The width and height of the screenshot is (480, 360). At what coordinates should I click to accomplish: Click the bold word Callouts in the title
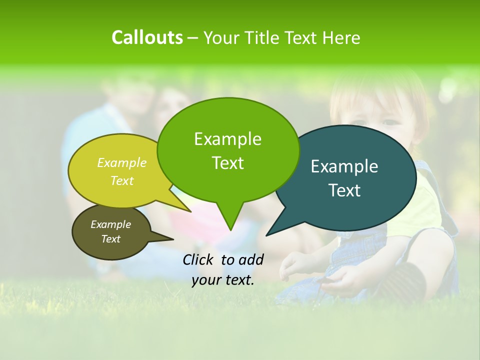[147, 37]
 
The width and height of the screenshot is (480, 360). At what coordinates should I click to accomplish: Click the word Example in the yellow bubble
[122, 163]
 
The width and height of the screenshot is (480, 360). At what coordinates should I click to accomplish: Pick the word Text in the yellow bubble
[122, 181]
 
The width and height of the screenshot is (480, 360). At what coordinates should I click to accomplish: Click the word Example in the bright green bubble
[227, 139]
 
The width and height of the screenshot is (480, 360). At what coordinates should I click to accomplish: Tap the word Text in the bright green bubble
[227, 163]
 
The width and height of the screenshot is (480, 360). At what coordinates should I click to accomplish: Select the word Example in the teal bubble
[344, 166]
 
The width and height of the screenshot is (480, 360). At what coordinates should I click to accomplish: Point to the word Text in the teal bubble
[344, 190]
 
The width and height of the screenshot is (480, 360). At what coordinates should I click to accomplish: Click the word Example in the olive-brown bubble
[110, 224]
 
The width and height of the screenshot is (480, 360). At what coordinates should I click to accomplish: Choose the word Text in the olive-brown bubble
[110, 239]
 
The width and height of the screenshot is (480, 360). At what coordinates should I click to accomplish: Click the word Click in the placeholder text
[198, 259]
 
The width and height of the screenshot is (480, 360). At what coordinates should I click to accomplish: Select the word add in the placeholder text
[251, 259]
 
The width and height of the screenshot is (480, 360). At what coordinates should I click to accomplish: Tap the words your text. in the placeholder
[223, 280]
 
